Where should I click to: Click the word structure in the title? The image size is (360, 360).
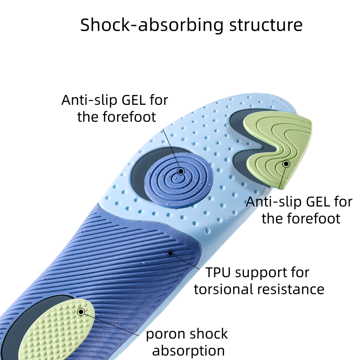[x=265, y=25]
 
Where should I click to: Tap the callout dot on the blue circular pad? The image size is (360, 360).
[x=181, y=171]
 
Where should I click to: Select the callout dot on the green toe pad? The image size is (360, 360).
[x=286, y=164]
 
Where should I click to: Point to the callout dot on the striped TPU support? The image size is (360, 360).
[x=170, y=253]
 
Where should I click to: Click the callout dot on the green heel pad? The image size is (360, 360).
[x=81, y=311]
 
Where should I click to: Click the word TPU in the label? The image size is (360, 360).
[x=218, y=273]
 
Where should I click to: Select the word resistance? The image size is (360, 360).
[x=295, y=289]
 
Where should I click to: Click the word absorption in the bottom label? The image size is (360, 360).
[x=188, y=351]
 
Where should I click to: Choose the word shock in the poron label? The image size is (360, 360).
[x=208, y=334]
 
